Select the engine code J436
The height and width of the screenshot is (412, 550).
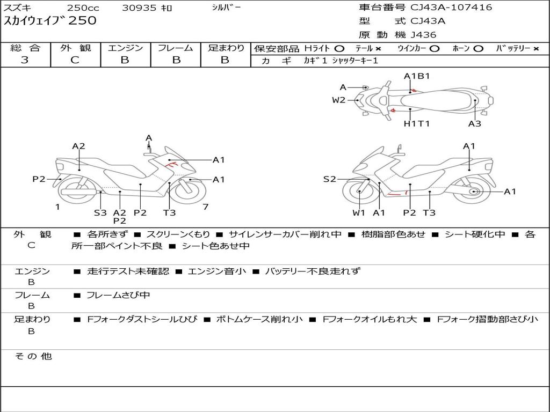click(423, 35)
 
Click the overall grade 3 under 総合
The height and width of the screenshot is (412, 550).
click(25, 60)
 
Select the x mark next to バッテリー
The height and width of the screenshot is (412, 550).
click(536, 48)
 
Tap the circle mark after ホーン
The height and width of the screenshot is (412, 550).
click(478, 48)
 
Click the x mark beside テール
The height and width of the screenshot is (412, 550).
click(378, 48)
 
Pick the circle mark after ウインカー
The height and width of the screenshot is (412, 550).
click(435, 48)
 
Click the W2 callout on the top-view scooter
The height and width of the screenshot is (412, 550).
click(338, 100)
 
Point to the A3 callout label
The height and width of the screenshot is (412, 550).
click(474, 124)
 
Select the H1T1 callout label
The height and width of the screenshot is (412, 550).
click(417, 124)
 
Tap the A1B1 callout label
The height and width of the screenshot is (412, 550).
click(417, 76)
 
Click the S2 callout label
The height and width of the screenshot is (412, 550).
click(329, 179)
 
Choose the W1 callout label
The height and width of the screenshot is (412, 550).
click(358, 213)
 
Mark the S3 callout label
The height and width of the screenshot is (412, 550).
click(100, 213)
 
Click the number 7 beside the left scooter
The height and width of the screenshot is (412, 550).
click(205, 207)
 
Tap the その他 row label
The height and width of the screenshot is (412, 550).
click(33, 356)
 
